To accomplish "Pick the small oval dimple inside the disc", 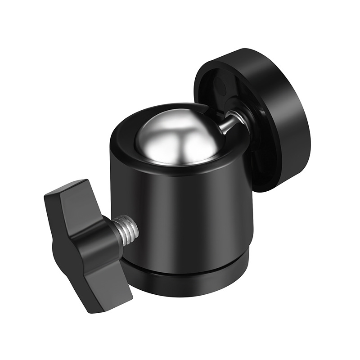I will [220, 85].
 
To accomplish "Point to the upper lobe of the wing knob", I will [67, 193].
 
